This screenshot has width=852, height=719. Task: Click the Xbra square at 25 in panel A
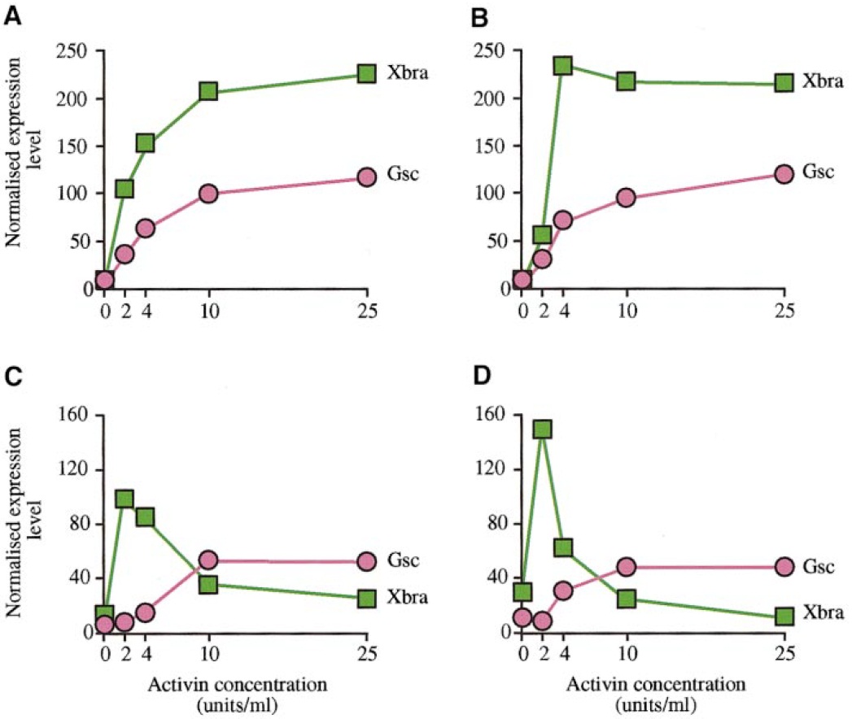click(x=367, y=74)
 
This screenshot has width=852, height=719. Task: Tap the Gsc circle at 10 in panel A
click(x=208, y=194)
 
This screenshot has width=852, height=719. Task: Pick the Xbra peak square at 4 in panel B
click(x=562, y=66)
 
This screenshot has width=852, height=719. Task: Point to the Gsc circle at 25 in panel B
click(x=784, y=174)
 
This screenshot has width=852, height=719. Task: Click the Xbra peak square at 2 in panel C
click(x=125, y=499)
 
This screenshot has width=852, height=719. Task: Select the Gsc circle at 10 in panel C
click(x=208, y=560)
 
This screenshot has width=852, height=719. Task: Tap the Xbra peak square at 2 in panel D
click(x=542, y=429)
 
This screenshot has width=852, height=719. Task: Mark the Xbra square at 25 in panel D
click(x=784, y=616)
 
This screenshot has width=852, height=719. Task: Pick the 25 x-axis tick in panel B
click(x=784, y=310)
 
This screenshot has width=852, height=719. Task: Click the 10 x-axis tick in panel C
click(x=208, y=654)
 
